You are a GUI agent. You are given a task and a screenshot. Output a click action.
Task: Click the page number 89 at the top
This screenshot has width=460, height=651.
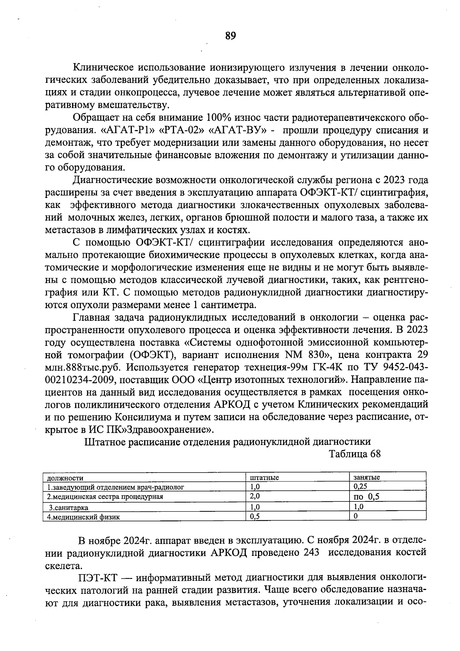[230, 36]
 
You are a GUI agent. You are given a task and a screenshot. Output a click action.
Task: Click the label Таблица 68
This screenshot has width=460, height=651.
[355, 454]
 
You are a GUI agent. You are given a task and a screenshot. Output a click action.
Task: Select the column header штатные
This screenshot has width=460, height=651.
[264, 478]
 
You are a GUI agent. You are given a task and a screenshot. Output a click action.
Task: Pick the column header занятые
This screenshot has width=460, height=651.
[366, 478]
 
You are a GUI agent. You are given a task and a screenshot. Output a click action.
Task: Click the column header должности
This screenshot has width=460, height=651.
[65, 478]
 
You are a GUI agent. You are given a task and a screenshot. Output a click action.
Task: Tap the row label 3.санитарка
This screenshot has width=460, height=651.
[68, 508]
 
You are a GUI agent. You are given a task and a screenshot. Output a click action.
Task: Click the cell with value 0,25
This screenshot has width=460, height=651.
[360, 486]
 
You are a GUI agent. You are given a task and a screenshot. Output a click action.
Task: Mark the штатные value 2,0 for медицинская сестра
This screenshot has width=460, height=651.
[255, 496]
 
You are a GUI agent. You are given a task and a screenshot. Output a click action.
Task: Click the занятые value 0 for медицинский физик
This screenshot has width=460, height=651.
[355, 516]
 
